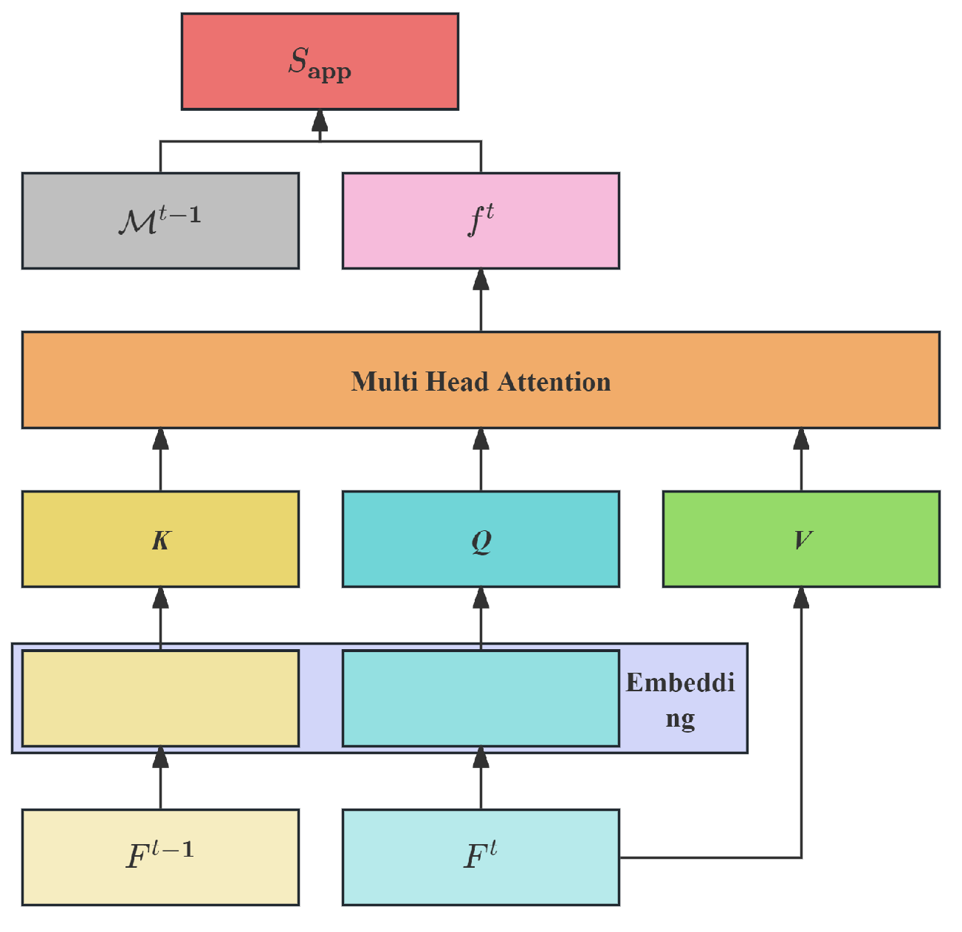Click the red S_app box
[320, 61]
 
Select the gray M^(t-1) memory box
[160, 221]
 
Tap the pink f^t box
[481, 221]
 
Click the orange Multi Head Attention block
[481, 380]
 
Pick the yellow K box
[160, 539]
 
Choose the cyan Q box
[481, 539]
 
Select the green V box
[801, 539]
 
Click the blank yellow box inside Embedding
[160, 698]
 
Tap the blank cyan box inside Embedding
[481, 698]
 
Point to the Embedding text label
[680, 699]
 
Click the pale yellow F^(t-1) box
[160, 857]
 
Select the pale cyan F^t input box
[481, 857]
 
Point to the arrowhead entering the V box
[801, 597]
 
